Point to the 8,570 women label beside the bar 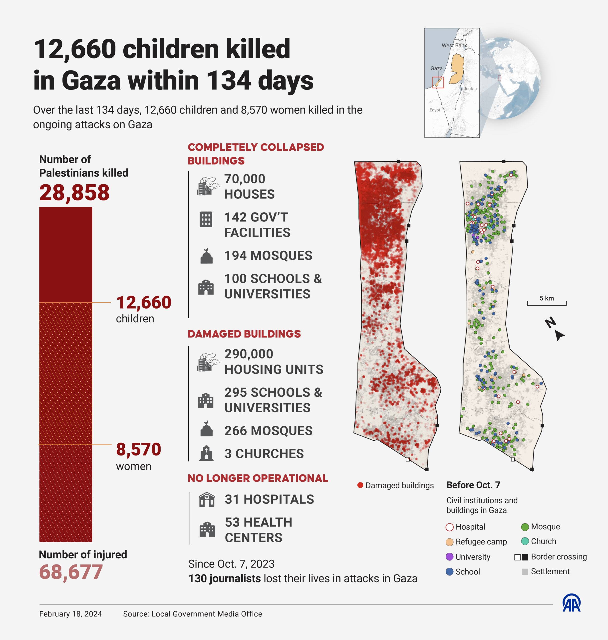click(138, 449)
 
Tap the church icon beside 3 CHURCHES click(206, 453)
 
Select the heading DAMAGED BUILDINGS click(244, 334)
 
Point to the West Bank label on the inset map click(454, 45)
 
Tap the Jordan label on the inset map click(470, 88)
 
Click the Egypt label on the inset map click(435, 110)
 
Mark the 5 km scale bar click(546, 303)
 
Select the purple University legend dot click(449, 557)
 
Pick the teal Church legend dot click(525, 541)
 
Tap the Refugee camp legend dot click(449, 542)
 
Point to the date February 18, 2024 click(71, 614)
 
